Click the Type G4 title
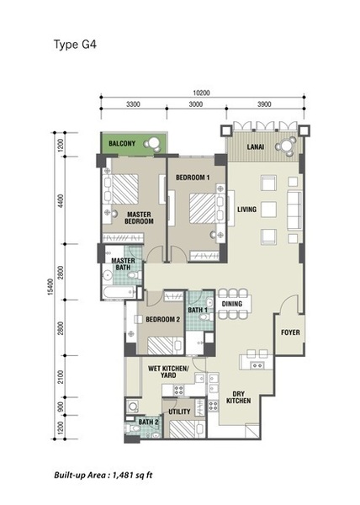75,45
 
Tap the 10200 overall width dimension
201,93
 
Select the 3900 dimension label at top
264,104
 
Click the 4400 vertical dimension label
61,200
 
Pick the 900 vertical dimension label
61,407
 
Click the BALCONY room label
122,143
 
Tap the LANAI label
256,146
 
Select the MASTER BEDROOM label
139,218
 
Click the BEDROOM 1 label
193,178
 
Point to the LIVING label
247,210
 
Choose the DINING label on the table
232,304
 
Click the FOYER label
290,332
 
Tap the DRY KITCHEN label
238,397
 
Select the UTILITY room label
179,412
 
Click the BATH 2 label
148,422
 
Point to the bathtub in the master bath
119,292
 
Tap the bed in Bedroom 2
166,346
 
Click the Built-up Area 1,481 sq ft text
103,475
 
